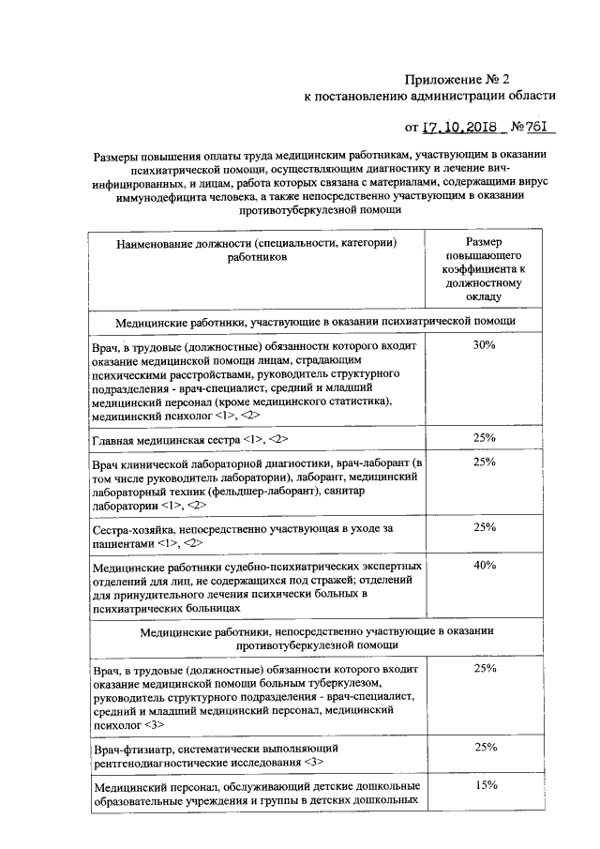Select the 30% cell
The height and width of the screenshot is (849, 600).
click(x=485, y=345)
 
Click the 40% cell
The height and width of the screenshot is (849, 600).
click(x=485, y=565)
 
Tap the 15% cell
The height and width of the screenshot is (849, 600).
click(x=485, y=784)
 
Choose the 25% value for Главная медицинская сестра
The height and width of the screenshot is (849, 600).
click(x=485, y=438)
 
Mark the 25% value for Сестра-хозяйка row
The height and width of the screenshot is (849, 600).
click(x=485, y=527)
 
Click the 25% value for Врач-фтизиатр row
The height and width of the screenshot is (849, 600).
click(x=485, y=747)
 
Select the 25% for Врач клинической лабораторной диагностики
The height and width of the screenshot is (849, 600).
click(x=485, y=462)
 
